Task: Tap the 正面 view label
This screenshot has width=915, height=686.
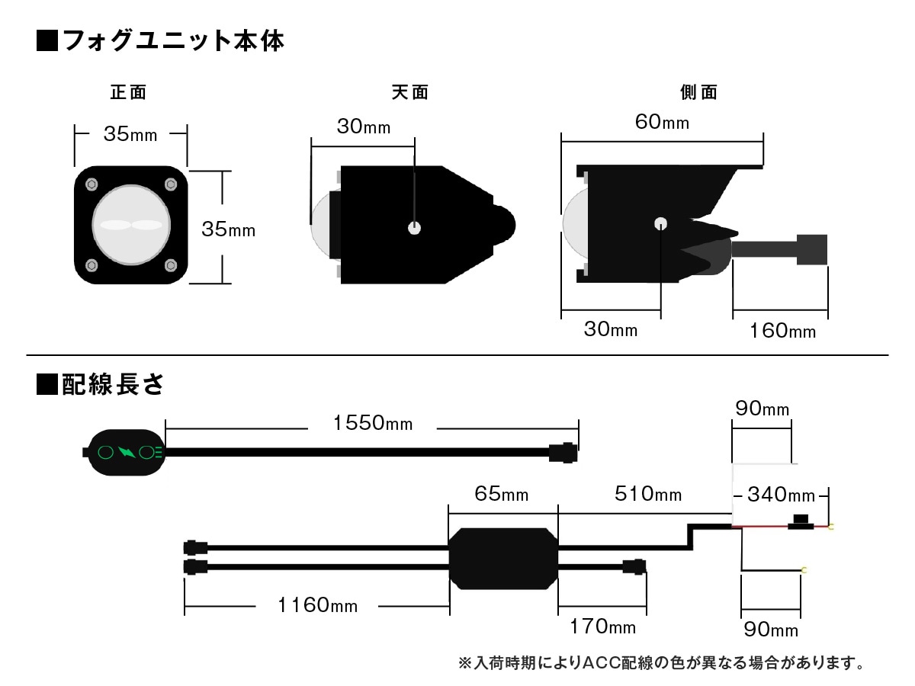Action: (128, 93)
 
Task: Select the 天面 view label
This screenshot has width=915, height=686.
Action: (410, 93)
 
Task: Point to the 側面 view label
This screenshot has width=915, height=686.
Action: (699, 93)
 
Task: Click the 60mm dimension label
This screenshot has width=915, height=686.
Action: (663, 121)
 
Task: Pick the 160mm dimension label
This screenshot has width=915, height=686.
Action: (782, 331)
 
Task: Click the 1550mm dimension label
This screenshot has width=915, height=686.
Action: (373, 423)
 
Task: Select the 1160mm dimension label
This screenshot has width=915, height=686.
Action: (317, 606)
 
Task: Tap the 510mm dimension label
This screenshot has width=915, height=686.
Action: (648, 495)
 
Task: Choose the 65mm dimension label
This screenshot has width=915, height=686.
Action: (501, 495)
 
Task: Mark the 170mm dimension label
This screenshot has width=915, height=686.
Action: (602, 627)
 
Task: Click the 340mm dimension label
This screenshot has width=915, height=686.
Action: (781, 495)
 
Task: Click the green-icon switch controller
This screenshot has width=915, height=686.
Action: (126, 452)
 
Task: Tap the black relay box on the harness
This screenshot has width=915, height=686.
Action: (503, 558)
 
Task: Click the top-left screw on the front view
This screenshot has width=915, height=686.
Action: (92, 184)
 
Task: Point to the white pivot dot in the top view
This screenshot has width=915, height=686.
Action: (414, 227)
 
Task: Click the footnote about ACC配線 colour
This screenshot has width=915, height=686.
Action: (661, 662)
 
